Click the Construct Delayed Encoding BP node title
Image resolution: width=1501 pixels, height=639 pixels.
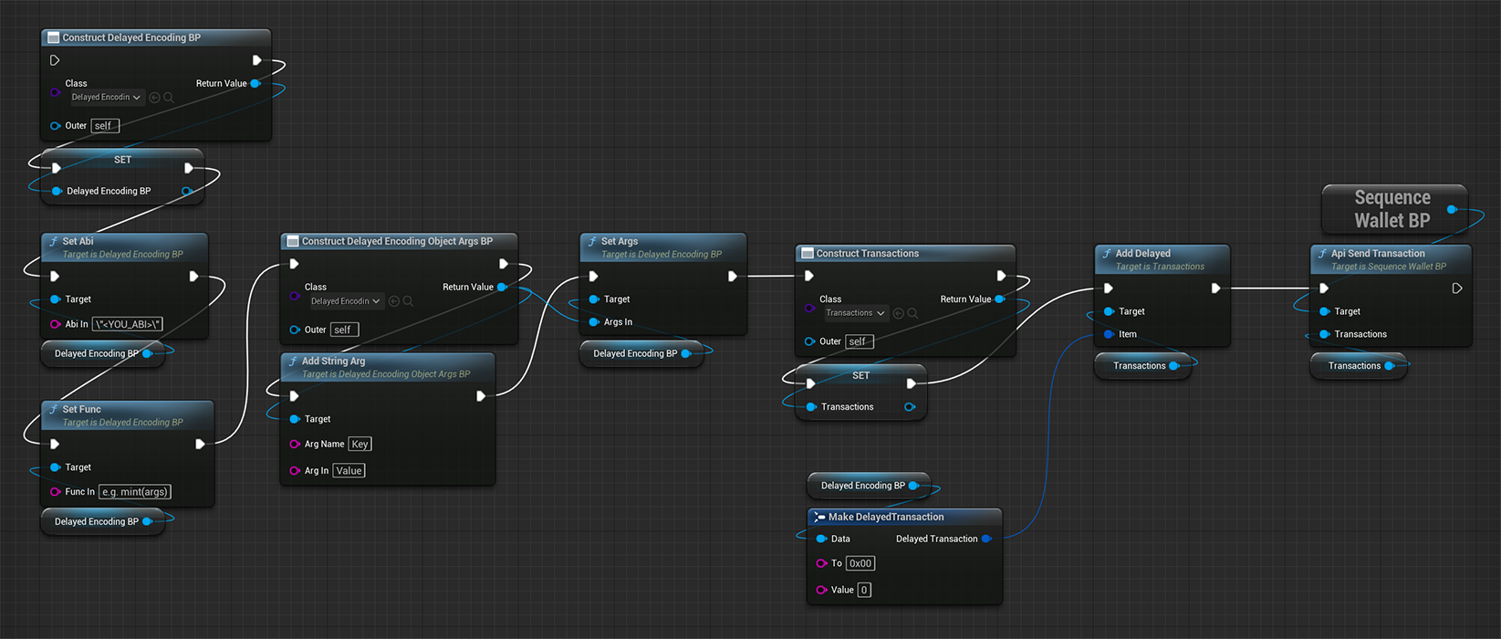[131, 37]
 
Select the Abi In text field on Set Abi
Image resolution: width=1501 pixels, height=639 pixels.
[128, 324]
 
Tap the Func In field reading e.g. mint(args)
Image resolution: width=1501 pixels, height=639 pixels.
[134, 492]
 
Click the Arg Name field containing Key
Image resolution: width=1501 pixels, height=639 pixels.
[360, 445]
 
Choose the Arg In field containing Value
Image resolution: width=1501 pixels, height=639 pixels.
[349, 471]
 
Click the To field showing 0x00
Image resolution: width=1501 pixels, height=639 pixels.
[860, 564]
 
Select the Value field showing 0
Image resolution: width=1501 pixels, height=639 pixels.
[863, 591]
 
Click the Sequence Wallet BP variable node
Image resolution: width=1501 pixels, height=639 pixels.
[1392, 209]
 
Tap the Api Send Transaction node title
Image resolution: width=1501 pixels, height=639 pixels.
[1377, 254]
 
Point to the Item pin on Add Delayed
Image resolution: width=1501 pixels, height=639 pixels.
[1109, 334]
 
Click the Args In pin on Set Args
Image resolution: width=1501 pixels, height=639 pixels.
[594, 322]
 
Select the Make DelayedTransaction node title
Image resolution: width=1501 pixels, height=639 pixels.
[885, 517]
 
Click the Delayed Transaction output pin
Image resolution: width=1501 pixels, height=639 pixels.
[985, 539]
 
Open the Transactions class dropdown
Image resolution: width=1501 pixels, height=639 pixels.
[855, 313]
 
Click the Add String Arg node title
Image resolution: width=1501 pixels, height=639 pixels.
[333, 361]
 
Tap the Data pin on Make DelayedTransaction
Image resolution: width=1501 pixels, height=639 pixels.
[821, 539]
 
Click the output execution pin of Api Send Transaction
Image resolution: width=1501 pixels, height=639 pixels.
[1456, 288]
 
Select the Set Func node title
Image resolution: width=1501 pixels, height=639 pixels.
[81, 410]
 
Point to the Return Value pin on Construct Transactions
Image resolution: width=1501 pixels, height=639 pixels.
[1000, 299]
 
